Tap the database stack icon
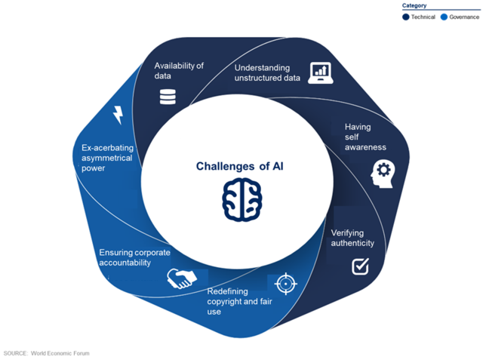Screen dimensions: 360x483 pyautogui.click(x=166, y=97)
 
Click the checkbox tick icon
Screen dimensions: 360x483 pyautogui.click(x=361, y=266)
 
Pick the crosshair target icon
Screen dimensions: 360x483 pyautogui.click(x=284, y=284)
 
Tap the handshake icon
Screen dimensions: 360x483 pyautogui.click(x=182, y=278)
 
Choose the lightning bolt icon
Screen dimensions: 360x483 pyautogui.click(x=118, y=115)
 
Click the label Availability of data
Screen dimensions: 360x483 pyautogui.click(x=179, y=71)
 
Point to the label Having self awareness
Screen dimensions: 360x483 pyautogui.click(x=365, y=137)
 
